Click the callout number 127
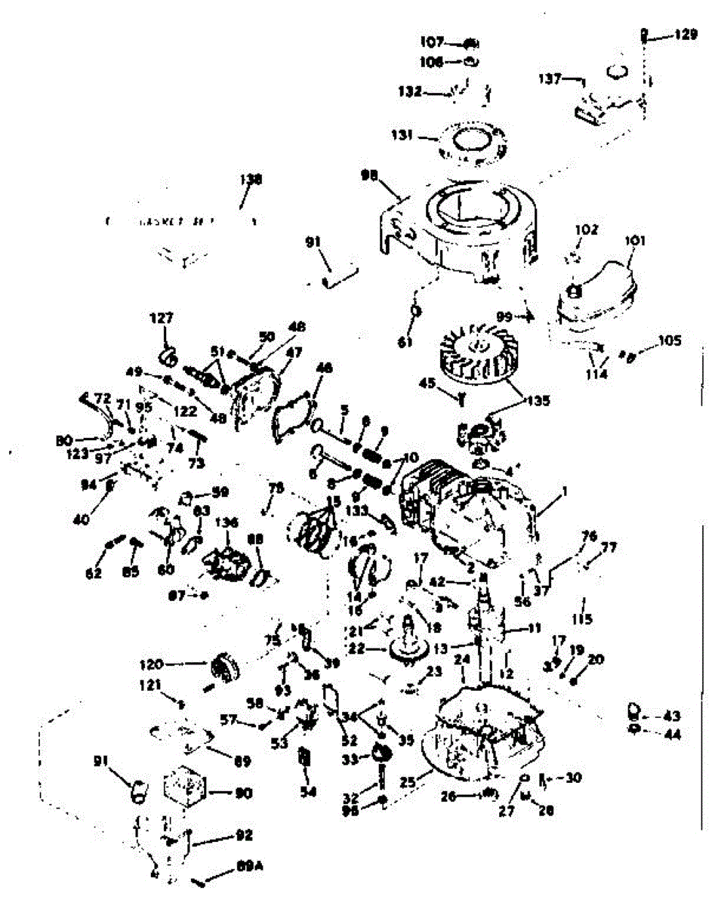click(x=162, y=319)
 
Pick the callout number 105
click(x=669, y=341)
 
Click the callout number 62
click(x=93, y=572)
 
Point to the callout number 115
click(x=582, y=620)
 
